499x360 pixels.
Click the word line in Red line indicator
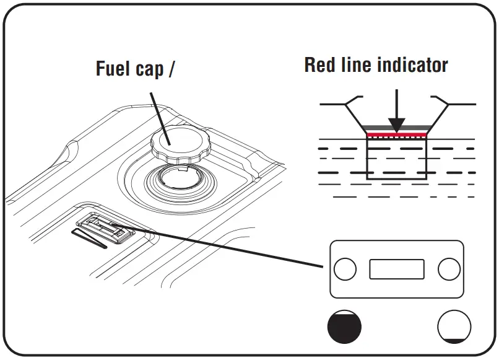(x=362, y=65)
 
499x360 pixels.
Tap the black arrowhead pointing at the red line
(x=397, y=124)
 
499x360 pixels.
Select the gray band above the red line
(x=397, y=129)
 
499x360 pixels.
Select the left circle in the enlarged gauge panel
(x=345, y=269)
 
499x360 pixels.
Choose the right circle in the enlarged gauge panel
(x=448, y=269)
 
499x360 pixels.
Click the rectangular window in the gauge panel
(x=397, y=269)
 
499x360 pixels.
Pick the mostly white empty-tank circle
(x=454, y=325)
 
